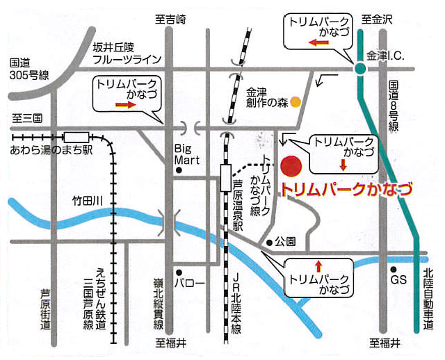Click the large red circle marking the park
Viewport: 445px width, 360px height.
291,167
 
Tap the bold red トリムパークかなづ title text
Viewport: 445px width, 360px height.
346,190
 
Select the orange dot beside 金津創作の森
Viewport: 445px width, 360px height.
296,102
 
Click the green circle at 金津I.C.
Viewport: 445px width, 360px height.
359,68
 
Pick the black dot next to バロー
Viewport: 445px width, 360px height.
179,272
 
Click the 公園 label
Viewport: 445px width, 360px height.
286,243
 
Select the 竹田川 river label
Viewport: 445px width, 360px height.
88,201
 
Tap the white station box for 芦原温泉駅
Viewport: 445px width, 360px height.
225,178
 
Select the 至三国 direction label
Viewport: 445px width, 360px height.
27,118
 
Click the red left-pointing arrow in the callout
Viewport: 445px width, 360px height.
318,42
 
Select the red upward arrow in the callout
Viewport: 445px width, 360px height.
318,265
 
